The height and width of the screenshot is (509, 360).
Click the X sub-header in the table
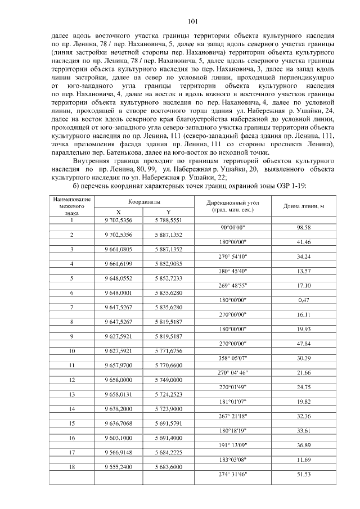[118, 212]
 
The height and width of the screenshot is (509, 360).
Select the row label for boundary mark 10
[71, 350]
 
